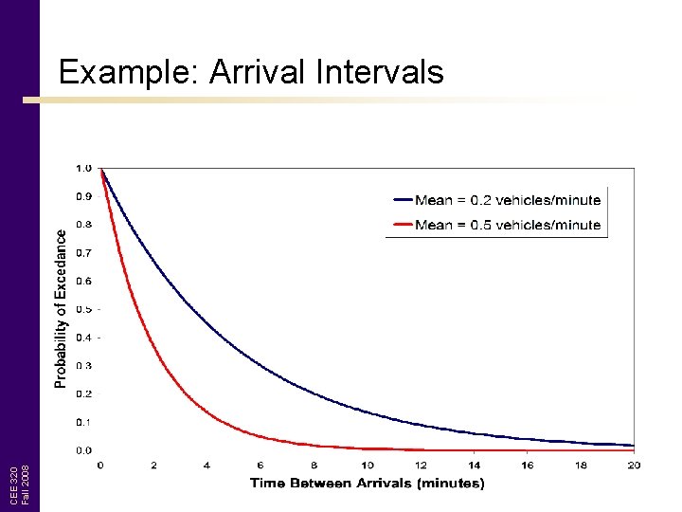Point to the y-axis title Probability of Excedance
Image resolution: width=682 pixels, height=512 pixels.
point(61,308)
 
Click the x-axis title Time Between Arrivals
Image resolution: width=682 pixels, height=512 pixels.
point(367,484)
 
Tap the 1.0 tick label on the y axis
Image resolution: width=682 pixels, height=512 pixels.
point(83,169)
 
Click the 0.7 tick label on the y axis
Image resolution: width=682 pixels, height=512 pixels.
point(83,253)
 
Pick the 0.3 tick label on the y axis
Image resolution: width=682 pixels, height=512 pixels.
point(83,366)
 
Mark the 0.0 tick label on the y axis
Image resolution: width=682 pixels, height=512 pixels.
point(83,450)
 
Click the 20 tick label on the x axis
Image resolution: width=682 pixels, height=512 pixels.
point(634,465)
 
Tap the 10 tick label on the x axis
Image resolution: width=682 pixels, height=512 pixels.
point(368,465)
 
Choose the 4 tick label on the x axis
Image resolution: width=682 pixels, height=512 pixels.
point(207,465)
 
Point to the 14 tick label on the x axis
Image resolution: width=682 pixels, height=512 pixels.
point(474,465)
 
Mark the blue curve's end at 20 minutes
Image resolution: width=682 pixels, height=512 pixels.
point(633,445)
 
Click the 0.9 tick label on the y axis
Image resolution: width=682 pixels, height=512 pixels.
point(83,197)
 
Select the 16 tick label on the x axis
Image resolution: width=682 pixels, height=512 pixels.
point(528,465)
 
